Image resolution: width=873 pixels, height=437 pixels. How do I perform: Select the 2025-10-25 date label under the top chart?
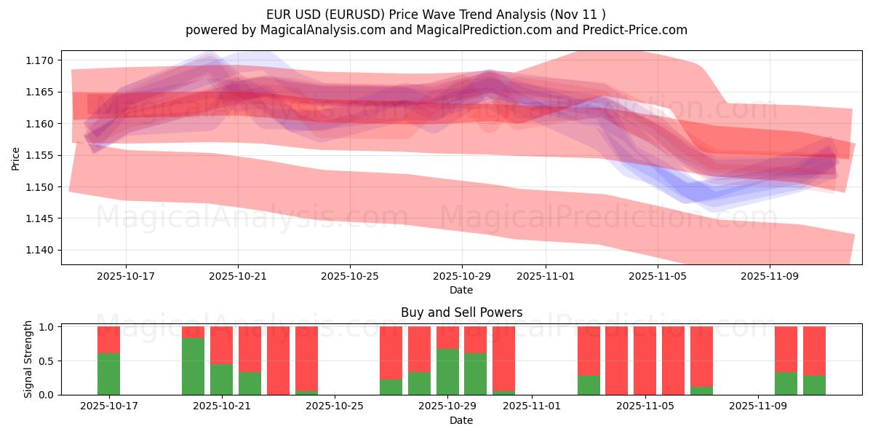tap(349, 277)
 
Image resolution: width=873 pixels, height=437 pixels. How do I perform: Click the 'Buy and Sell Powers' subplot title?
tap(461, 312)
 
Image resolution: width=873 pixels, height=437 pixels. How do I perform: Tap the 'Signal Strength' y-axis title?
tap(28, 360)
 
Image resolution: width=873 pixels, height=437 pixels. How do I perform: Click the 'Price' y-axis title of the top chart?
tap(16, 158)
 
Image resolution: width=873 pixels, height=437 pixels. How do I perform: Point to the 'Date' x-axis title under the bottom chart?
tap(461, 420)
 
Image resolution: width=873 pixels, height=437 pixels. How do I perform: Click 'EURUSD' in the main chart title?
tap(354, 14)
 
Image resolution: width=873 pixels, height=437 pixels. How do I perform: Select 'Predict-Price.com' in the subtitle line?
tap(634, 30)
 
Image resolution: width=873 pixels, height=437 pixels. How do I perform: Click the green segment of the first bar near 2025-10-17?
tap(108, 374)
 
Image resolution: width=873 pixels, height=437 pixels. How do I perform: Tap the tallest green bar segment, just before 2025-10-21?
tap(193, 366)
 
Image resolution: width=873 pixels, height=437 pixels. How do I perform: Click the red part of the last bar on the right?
tap(814, 350)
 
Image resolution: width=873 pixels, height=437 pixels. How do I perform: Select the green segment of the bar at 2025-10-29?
tap(447, 371)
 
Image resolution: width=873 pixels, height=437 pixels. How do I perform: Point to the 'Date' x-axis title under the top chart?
tap(461, 290)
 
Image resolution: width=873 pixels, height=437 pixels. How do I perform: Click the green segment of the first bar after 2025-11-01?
tap(589, 385)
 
